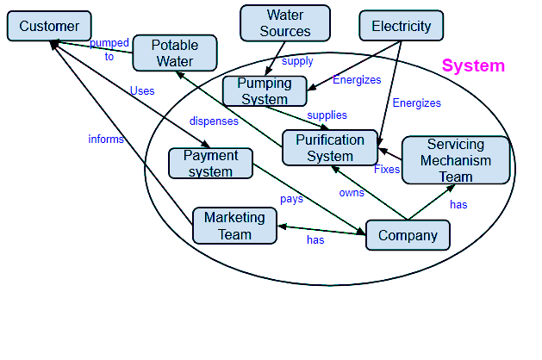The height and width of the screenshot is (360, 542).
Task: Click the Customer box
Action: [49, 27]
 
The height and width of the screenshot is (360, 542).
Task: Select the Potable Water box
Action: [175, 53]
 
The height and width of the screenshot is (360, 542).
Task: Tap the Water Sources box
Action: [284, 23]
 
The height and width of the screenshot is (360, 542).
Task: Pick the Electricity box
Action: [401, 26]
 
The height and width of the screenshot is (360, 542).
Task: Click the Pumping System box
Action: [265, 91]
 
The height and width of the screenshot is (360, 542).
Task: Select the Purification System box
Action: [330, 147]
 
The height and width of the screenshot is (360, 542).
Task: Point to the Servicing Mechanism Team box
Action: [456, 160]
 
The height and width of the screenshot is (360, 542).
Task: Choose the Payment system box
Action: [211, 164]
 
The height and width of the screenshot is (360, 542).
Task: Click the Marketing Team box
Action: [234, 226]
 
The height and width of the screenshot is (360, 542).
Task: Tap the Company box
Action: [408, 235]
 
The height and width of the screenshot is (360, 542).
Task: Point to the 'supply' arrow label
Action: [297, 61]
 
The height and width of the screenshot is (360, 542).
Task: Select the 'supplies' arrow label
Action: [327, 115]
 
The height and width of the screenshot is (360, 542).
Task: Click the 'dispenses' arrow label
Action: [214, 121]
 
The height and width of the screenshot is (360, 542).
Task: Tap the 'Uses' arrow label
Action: [142, 90]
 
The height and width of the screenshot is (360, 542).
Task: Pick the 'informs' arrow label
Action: [106, 139]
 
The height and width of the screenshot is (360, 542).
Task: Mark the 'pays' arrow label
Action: [291, 199]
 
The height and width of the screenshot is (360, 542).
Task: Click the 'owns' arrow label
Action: [352, 193]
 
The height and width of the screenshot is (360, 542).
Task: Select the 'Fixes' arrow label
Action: [387, 170]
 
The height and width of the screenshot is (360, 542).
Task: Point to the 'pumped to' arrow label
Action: [109, 50]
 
